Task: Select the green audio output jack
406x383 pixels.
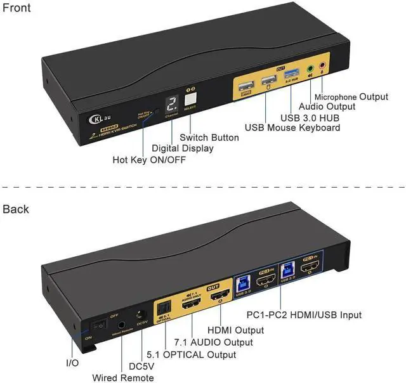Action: click(x=310, y=70)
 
